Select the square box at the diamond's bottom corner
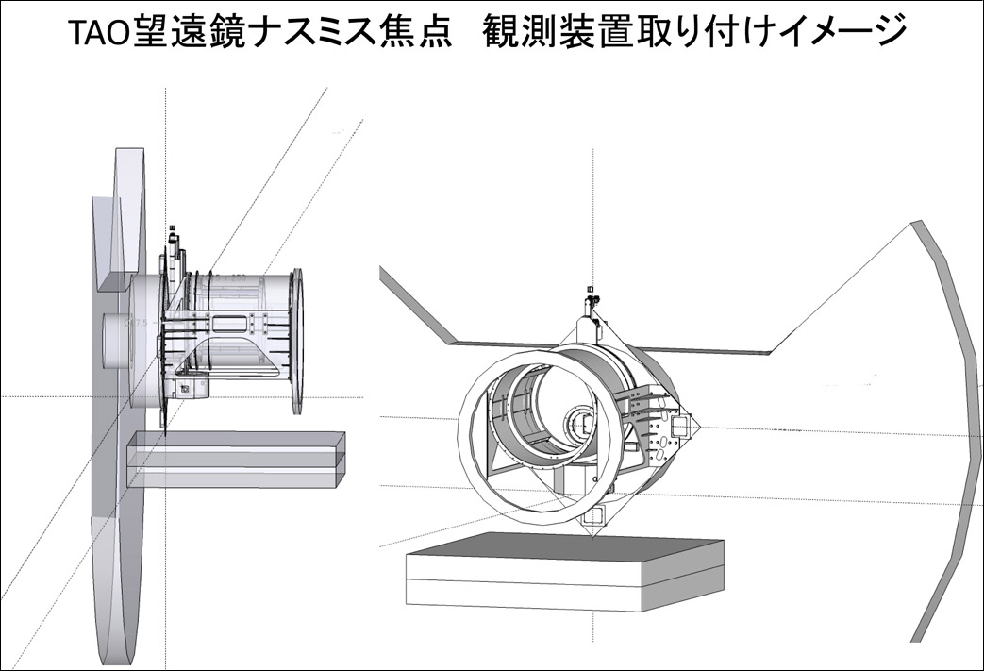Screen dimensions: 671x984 tap(595, 514)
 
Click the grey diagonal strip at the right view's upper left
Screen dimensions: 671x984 tap(415, 302)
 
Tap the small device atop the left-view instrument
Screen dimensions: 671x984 tap(174, 236)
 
